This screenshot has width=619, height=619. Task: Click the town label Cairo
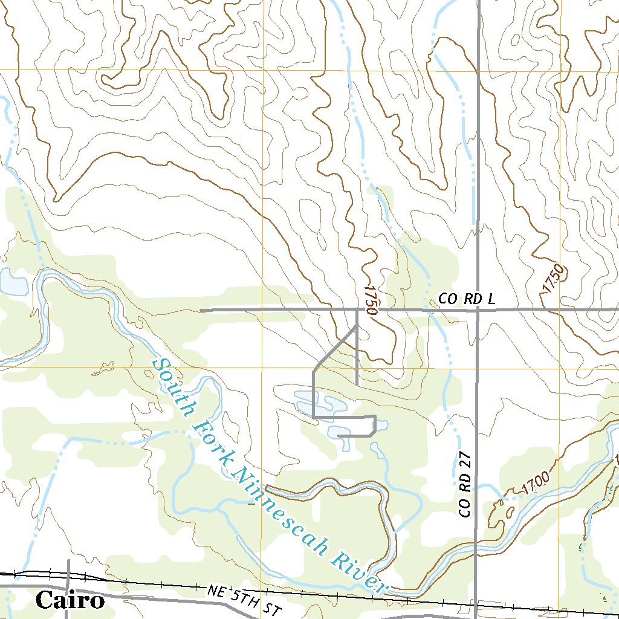tap(70, 601)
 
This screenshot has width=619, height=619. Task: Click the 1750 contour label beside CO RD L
tap(371, 300)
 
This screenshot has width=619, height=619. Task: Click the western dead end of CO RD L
tap(201, 310)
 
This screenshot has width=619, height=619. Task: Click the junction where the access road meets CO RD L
tap(357, 310)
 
